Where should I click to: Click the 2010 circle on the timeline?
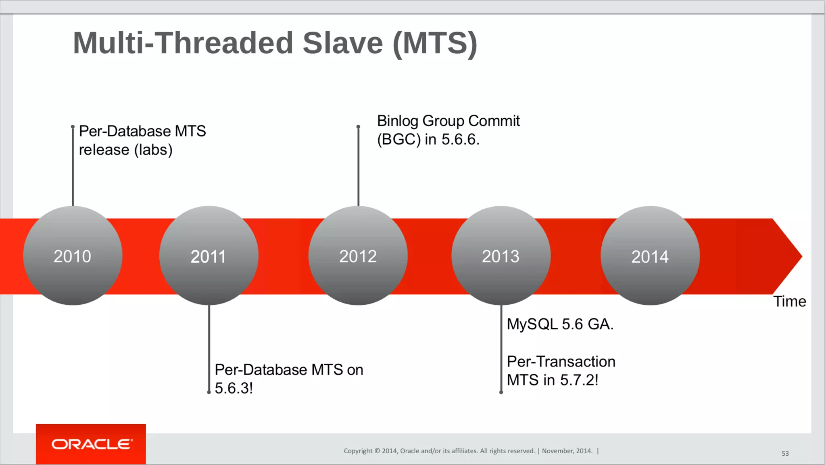tap(73, 256)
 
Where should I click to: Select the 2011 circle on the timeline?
tap(209, 256)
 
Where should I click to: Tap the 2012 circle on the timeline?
tap(358, 256)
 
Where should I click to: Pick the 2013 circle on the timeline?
tap(501, 256)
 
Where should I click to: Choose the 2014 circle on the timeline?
tap(650, 256)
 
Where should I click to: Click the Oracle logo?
tap(91, 444)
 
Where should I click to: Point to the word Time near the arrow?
tap(789, 302)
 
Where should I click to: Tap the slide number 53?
tap(785, 453)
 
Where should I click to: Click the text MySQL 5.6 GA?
tap(560, 324)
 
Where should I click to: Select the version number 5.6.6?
tap(460, 140)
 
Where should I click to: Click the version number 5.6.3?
tap(234, 388)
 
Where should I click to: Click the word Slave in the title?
tap(342, 43)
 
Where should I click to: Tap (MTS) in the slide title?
tap(435, 43)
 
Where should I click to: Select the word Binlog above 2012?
tap(398, 121)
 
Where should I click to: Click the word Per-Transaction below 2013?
tap(561, 362)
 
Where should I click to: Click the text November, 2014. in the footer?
tap(567, 451)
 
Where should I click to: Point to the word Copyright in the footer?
tap(358, 451)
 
